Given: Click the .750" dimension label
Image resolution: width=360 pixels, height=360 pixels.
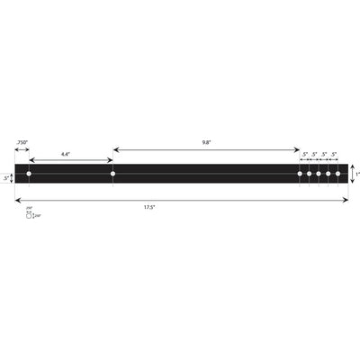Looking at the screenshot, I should tap(22, 142).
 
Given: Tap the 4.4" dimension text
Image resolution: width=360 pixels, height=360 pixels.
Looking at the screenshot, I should tap(66, 154).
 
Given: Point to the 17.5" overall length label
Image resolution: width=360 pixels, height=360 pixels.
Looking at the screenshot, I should tap(149, 208).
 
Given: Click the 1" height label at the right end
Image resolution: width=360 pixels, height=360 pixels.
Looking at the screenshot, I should tap(357, 174).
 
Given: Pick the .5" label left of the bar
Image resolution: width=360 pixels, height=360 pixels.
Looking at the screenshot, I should tap(6, 178).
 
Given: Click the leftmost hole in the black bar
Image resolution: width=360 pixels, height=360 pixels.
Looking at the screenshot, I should tap(29, 173).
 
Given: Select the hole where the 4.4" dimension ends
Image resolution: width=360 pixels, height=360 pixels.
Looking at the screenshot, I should tap(112, 173).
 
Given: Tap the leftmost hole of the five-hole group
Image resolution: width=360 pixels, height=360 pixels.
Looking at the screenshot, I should tap(300, 173).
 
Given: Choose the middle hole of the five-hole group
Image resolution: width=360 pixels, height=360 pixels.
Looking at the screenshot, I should tap(319, 173).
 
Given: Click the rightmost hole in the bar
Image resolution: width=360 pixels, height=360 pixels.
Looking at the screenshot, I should tap(338, 173).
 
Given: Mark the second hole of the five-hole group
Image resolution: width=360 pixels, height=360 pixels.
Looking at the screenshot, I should tap(309, 173).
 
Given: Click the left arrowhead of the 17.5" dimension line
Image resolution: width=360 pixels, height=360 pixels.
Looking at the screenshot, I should tap(17, 200).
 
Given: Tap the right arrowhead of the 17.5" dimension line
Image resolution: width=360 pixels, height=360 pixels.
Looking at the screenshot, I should tap(346, 200).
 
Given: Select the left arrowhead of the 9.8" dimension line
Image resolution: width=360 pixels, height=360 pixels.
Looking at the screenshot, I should tap(115, 149).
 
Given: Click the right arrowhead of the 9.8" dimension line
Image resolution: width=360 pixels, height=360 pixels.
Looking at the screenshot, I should tap(297, 149).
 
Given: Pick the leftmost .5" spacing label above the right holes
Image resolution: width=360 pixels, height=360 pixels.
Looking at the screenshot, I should tap(305, 154).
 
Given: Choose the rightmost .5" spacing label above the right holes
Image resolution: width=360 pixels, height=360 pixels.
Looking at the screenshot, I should tap(334, 154).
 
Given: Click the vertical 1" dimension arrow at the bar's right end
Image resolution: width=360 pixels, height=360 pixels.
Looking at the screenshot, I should tap(352, 173).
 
